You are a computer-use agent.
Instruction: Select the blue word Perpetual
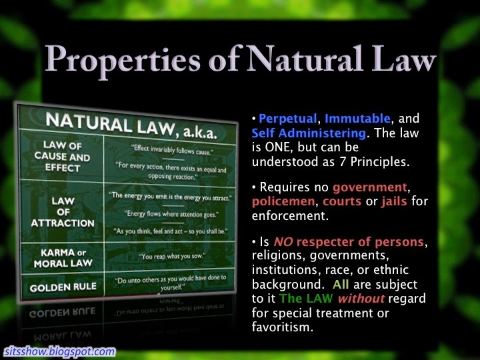click(x=288, y=119)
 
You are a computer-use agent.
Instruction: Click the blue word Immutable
click(x=357, y=118)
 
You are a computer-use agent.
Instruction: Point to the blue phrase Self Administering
click(x=309, y=133)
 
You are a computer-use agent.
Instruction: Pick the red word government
click(x=370, y=187)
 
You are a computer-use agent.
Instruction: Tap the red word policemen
click(x=283, y=202)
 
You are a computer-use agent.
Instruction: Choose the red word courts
click(x=342, y=201)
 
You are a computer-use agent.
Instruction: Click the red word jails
click(x=394, y=201)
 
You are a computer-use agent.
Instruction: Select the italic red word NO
click(x=283, y=242)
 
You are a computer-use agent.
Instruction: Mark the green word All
click(x=341, y=285)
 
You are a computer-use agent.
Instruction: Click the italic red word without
click(x=361, y=298)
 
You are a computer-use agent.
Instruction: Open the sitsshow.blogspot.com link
click(x=60, y=351)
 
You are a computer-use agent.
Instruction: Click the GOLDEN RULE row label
click(x=63, y=287)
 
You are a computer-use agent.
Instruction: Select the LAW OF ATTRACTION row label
click(x=63, y=212)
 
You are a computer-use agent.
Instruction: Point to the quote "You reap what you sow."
click(x=172, y=256)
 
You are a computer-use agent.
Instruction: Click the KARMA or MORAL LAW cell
click(x=63, y=258)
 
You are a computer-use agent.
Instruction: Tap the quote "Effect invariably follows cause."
click(x=173, y=150)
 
